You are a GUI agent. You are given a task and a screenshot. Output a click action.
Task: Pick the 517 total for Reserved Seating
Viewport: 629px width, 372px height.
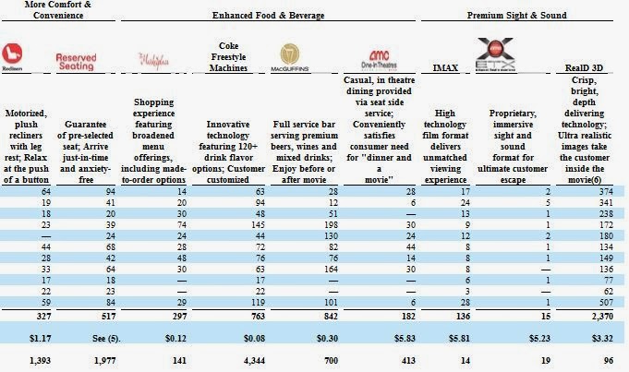click(x=106, y=315)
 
